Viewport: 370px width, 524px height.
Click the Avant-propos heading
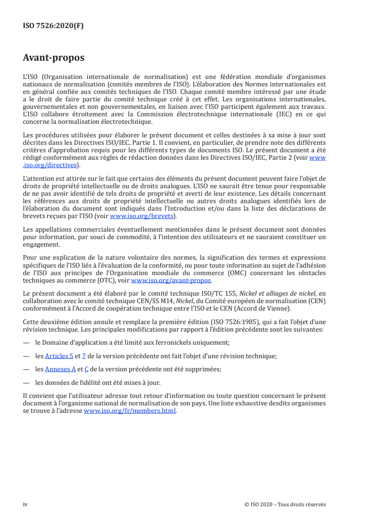(54, 58)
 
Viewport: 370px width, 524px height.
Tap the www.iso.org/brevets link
(141, 216)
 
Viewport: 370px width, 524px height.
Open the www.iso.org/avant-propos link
(171, 281)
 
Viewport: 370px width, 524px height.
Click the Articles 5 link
(59, 356)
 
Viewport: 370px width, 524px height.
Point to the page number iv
(25, 504)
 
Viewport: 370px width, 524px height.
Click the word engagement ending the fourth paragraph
(41, 244)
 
